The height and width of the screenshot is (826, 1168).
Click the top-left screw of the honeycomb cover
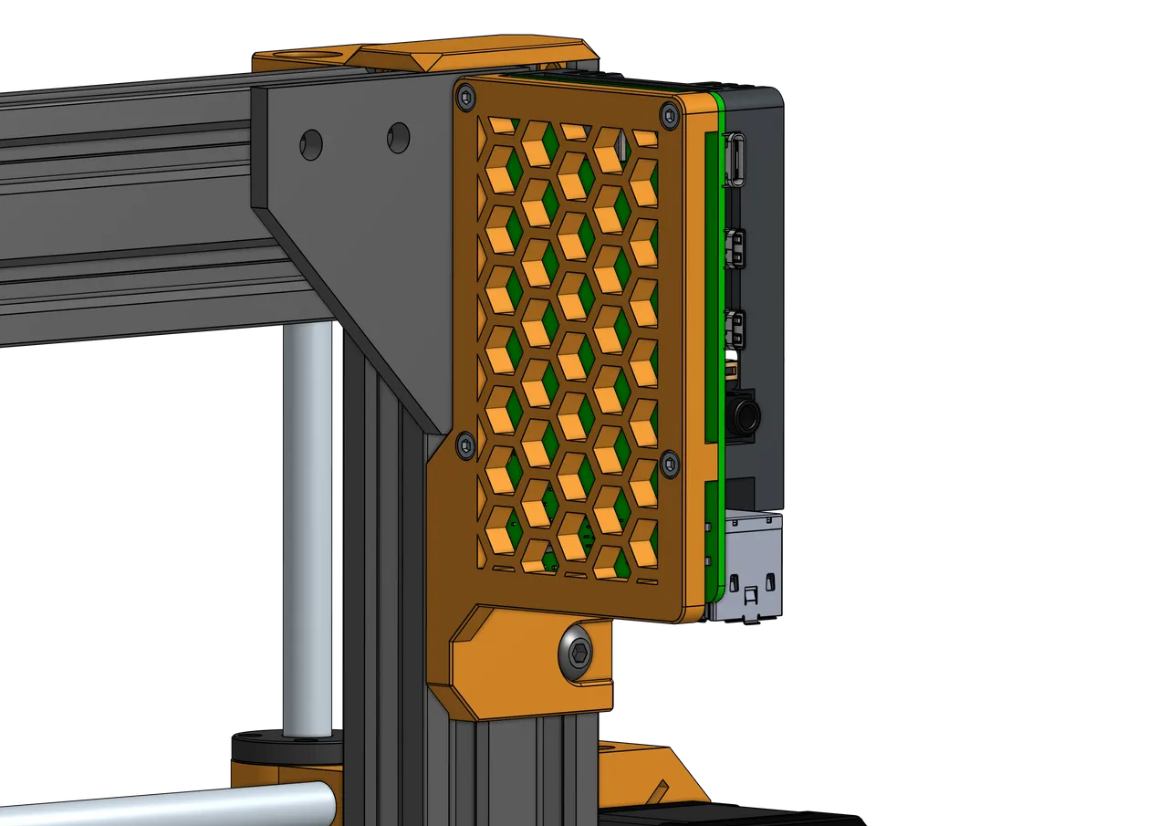tap(464, 94)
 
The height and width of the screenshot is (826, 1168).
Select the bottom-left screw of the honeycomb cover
tap(464, 444)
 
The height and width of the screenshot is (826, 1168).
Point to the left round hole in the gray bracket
tap(311, 144)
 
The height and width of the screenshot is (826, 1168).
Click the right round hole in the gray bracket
tap(398, 138)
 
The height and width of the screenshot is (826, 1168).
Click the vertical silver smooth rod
tap(306, 529)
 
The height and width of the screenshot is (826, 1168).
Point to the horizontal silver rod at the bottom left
tap(164, 803)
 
